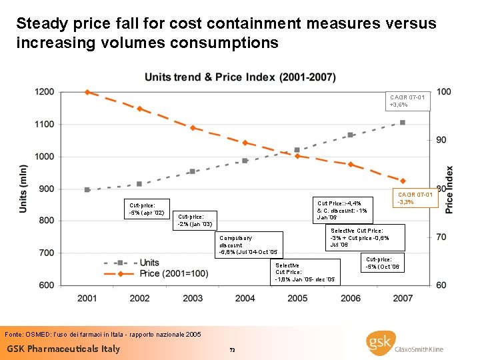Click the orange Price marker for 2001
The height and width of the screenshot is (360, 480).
coord(87,92)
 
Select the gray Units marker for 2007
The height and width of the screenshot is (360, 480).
coord(403,123)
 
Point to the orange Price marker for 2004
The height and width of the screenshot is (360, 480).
coord(245,143)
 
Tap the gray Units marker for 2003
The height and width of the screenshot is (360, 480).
coord(192,171)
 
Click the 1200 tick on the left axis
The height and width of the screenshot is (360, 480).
coord(45,92)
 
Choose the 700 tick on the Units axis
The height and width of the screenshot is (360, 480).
coord(46,253)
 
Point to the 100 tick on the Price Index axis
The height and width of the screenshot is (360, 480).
coord(443,91)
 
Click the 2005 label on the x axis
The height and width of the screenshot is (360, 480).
coord(297,298)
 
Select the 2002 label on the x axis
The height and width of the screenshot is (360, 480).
coord(139,298)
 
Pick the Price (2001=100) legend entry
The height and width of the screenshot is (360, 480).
coord(171,273)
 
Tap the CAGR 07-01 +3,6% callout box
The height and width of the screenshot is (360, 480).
coord(409,101)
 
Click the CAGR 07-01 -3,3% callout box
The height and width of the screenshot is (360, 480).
coord(415,198)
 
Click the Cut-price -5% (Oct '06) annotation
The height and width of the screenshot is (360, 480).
coord(383,263)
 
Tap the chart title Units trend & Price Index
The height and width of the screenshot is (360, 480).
coord(240,77)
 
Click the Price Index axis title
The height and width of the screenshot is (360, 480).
coord(449,189)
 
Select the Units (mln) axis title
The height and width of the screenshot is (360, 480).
coord(24,189)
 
